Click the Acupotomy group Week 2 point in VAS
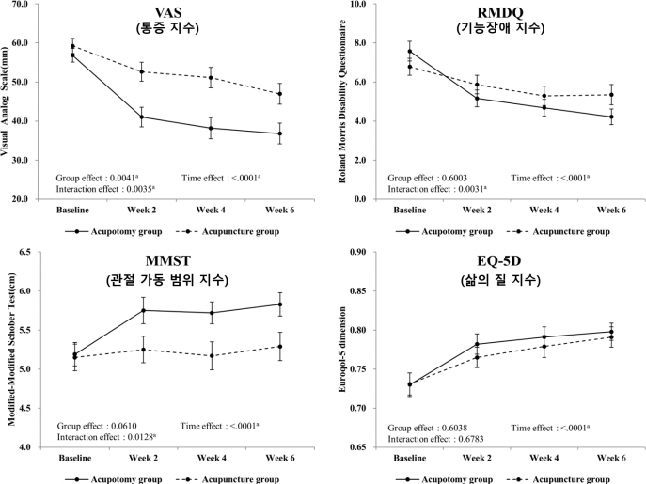(142, 117)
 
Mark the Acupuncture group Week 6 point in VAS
(279, 94)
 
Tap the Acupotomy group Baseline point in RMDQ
(409, 51)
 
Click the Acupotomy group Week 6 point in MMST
(279, 304)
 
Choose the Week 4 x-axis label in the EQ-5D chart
(544, 458)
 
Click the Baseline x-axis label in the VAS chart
(73, 210)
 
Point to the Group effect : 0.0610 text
(97, 425)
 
